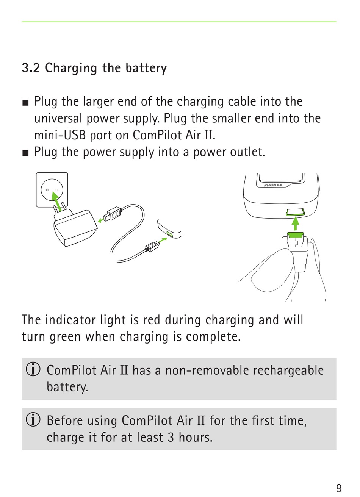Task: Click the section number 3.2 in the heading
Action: [31, 68]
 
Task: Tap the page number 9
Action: [339, 488]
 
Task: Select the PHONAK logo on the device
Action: [274, 185]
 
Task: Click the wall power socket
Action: [52, 190]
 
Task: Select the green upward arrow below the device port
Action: [295, 224]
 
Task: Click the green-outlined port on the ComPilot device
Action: [295, 212]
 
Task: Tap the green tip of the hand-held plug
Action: [295, 235]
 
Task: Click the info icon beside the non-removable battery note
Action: [33, 370]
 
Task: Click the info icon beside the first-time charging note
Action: [33, 420]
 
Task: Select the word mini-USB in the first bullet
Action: [60, 135]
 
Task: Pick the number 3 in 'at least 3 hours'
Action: [171, 437]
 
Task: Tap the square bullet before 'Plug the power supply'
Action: [25, 153]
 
